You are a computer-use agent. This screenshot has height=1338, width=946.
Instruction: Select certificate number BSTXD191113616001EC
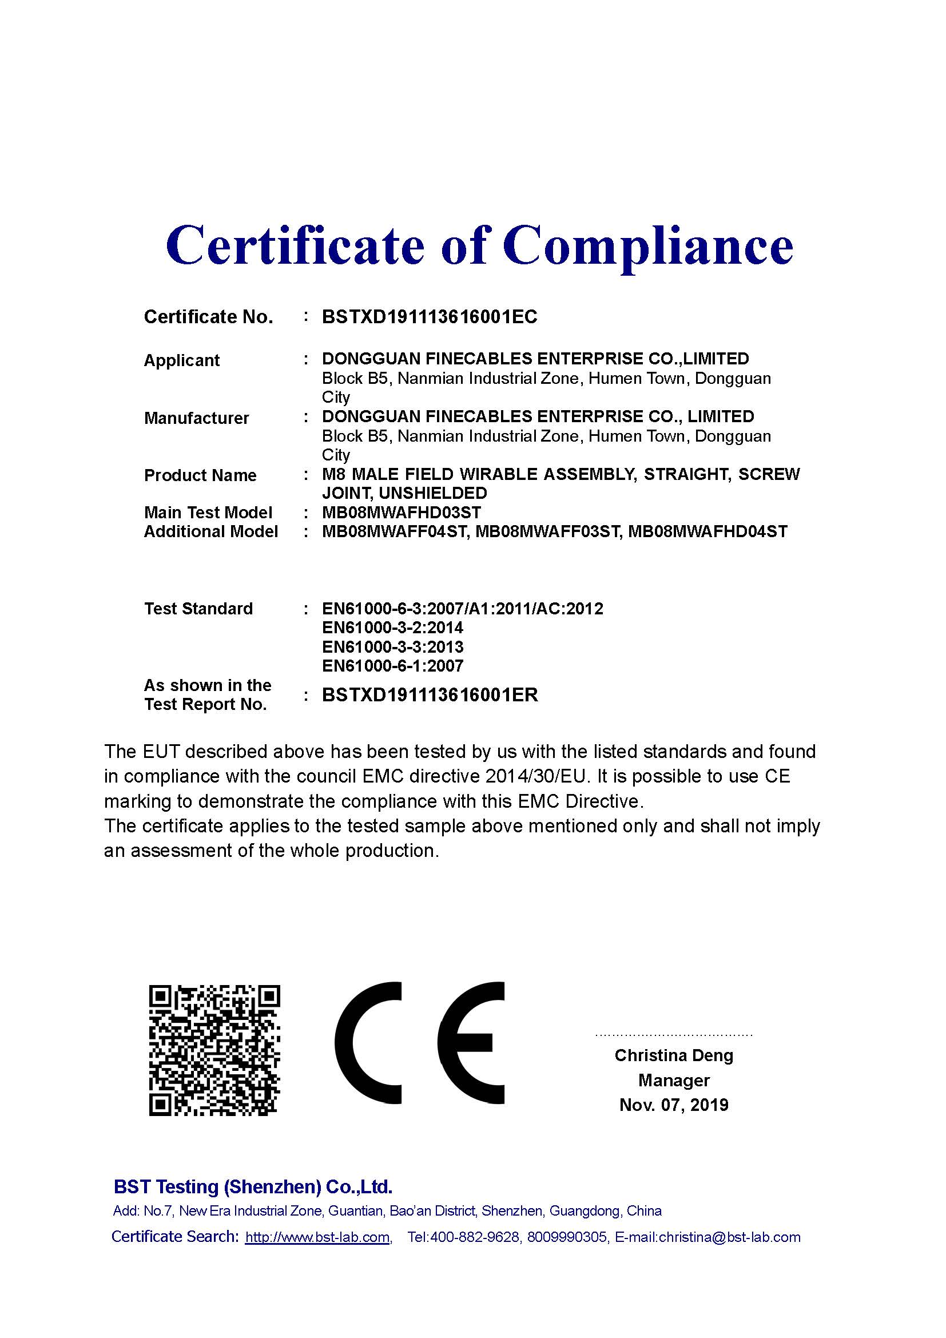coord(430,317)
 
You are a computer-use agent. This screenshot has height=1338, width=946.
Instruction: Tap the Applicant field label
coord(182,361)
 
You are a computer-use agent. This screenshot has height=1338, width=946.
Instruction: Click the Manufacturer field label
coord(196,418)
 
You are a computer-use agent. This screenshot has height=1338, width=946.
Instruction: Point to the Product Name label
coord(200,475)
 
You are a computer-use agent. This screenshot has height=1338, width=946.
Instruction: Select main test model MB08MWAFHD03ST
coord(402,513)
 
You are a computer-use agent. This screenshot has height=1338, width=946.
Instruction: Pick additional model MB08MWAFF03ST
coord(547,531)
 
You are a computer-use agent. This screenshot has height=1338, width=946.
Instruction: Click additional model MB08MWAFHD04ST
coord(708,531)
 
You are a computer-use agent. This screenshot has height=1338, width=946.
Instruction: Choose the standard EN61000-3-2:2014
coord(392,628)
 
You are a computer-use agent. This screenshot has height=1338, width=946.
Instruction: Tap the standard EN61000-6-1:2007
coord(392,666)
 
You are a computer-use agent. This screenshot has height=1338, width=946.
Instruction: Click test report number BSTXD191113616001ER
coord(430,695)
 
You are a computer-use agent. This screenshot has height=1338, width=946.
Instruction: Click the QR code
coord(214,1051)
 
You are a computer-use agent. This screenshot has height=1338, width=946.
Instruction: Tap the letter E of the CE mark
coord(471,1043)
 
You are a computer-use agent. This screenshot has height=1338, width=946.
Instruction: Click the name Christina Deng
coord(674,1055)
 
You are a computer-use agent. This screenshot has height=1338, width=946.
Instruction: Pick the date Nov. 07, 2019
coord(674,1105)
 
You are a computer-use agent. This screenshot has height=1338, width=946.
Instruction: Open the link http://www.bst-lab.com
coord(317,1237)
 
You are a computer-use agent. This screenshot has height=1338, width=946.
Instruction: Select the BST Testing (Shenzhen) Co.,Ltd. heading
coord(253,1186)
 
